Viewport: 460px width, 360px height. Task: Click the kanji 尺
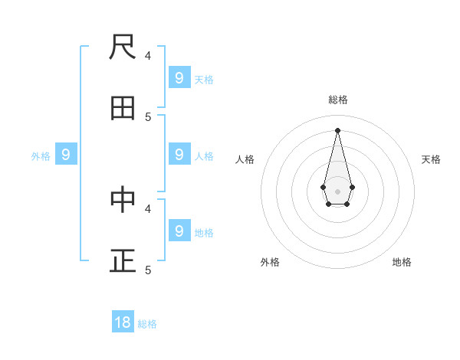click(123, 47)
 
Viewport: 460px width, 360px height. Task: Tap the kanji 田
click(123, 109)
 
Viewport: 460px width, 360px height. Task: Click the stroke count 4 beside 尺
click(148, 55)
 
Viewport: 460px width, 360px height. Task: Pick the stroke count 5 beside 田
click(148, 116)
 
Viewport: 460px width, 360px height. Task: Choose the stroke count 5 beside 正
click(148, 270)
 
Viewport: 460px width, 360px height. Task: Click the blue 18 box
click(123, 322)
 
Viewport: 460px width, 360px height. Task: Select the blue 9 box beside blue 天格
click(179, 77)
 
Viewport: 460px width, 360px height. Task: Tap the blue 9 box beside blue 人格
click(179, 154)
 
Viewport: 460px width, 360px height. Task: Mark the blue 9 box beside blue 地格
click(179, 231)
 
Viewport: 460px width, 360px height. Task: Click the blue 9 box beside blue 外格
click(66, 155)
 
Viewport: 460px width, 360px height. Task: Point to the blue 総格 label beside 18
click(147, 324)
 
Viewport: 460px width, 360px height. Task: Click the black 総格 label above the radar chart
click(337, 100)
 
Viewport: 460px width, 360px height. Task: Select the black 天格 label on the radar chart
click(431, 159)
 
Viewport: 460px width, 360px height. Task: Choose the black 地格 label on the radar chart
click(402, 262)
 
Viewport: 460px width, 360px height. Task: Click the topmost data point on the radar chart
click(337, 130)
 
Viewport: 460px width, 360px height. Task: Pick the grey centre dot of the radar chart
click(337, 191)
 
